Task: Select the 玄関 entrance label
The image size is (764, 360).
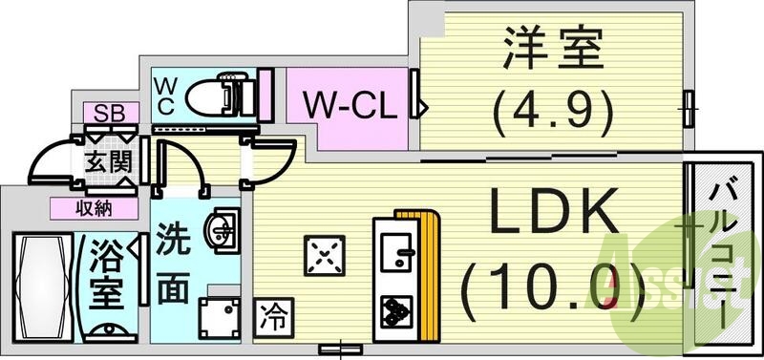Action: (106, 162)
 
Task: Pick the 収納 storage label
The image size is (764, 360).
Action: (98, 207)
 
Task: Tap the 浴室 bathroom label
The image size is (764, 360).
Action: (106, 275)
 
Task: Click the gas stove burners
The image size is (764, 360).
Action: (392, 310)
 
